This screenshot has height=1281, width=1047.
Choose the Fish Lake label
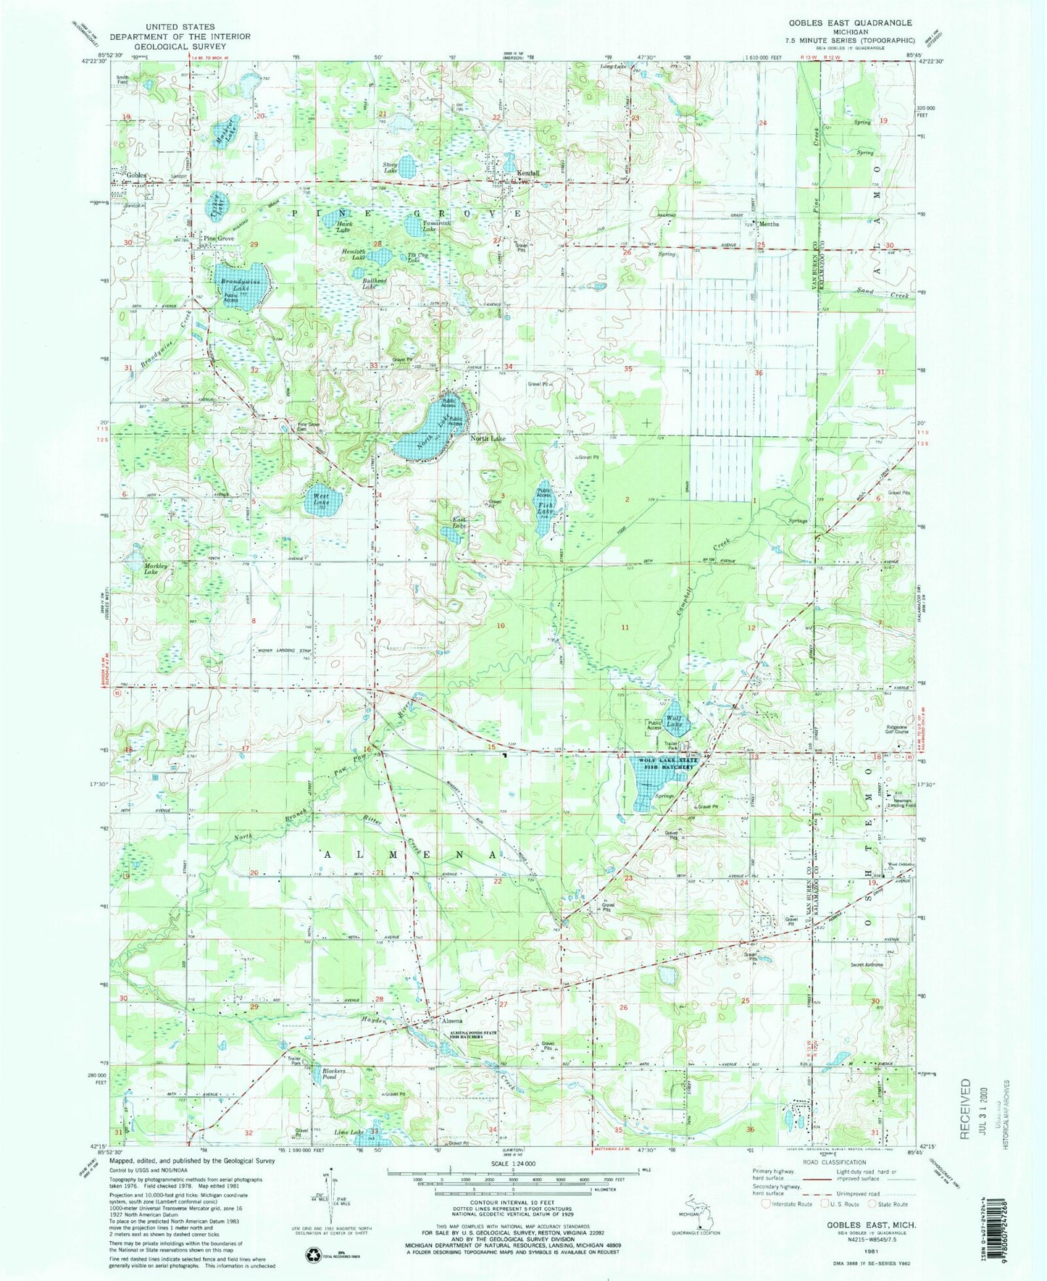[545, 509]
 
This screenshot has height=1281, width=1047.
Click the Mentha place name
[769, 225]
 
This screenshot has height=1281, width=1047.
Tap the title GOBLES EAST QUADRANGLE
[860, 23]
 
